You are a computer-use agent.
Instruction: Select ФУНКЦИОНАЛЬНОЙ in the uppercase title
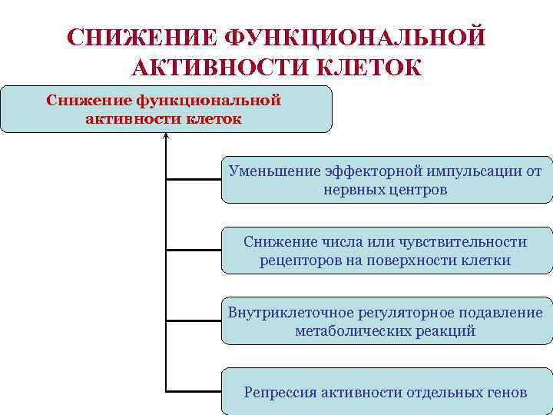pos(356,38)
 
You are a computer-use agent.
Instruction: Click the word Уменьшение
pos(263,171)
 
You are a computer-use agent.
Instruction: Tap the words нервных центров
pos(385,189)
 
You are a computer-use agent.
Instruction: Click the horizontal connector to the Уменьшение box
pos(194,180)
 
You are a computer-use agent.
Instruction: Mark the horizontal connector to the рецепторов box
pos(194,250)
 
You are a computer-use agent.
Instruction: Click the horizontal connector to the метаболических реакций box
pos(194,320)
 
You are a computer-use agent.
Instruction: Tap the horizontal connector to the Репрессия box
pos(194,391)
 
